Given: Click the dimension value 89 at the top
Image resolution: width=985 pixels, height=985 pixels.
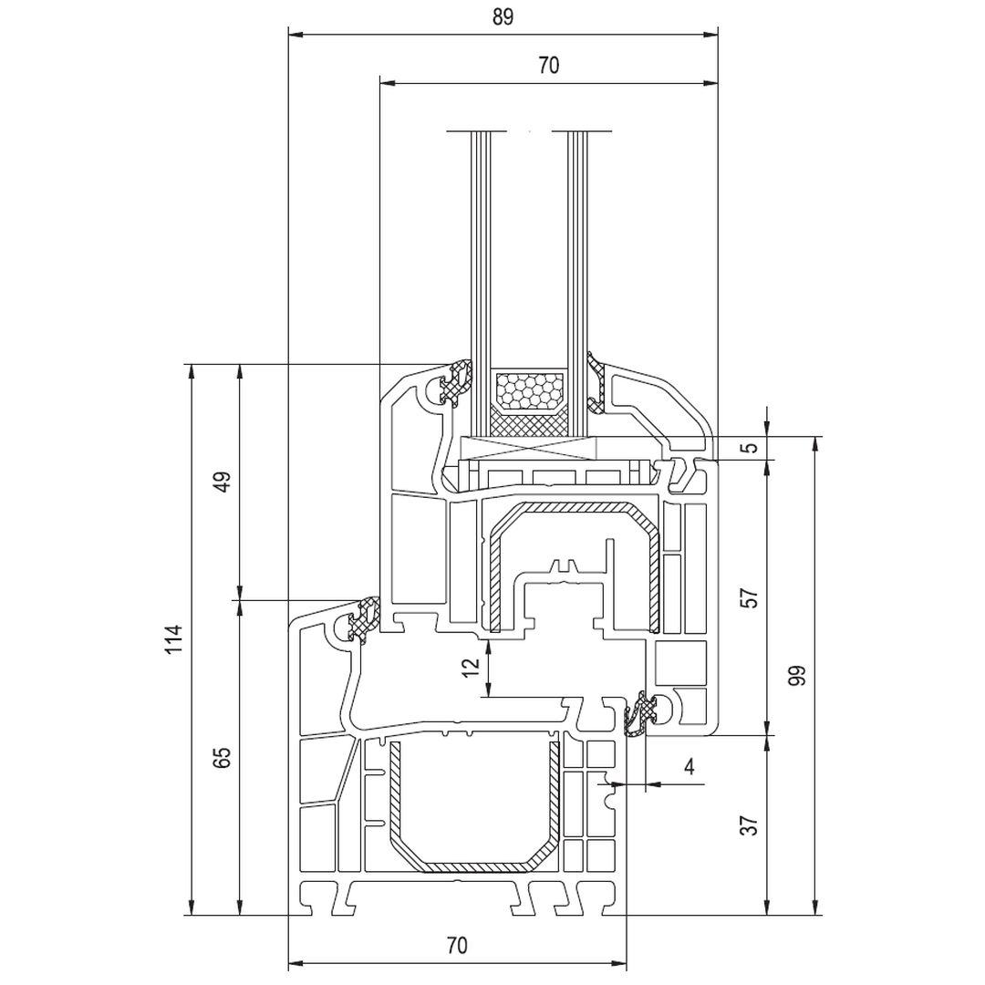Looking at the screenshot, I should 502,17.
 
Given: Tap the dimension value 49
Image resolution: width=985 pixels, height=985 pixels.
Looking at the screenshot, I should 222,481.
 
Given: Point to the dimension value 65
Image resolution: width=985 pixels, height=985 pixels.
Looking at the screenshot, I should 222,757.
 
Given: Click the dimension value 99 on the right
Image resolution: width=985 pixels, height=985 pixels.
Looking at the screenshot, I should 797,676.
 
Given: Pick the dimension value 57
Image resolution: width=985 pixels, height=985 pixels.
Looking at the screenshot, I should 750,597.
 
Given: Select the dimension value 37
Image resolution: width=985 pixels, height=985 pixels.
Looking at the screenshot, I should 750,825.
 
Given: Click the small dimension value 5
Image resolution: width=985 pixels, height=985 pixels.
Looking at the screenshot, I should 750,448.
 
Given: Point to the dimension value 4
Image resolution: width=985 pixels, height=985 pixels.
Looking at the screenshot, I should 689,767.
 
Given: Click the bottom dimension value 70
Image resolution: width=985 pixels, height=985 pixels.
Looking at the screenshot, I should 457,946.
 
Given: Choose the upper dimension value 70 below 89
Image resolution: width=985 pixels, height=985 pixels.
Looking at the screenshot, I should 547,65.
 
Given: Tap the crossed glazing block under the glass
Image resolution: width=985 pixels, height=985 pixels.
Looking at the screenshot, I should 529,449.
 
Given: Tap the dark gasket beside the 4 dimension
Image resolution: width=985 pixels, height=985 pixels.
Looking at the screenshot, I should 641,713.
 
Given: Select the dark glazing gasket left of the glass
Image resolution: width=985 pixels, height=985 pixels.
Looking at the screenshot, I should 455,382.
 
